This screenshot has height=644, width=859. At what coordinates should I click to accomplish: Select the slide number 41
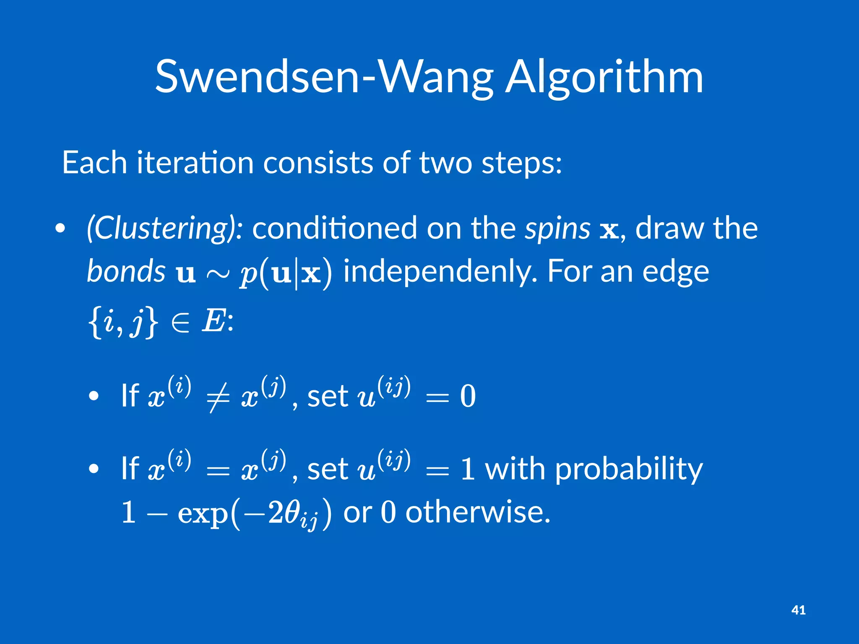798,610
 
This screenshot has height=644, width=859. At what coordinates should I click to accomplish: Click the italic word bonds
126,272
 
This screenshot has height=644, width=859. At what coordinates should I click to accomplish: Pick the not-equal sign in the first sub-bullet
218,397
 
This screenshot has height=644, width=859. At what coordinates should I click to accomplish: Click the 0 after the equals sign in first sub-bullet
468,396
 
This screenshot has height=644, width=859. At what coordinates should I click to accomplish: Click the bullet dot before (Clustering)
60,229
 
